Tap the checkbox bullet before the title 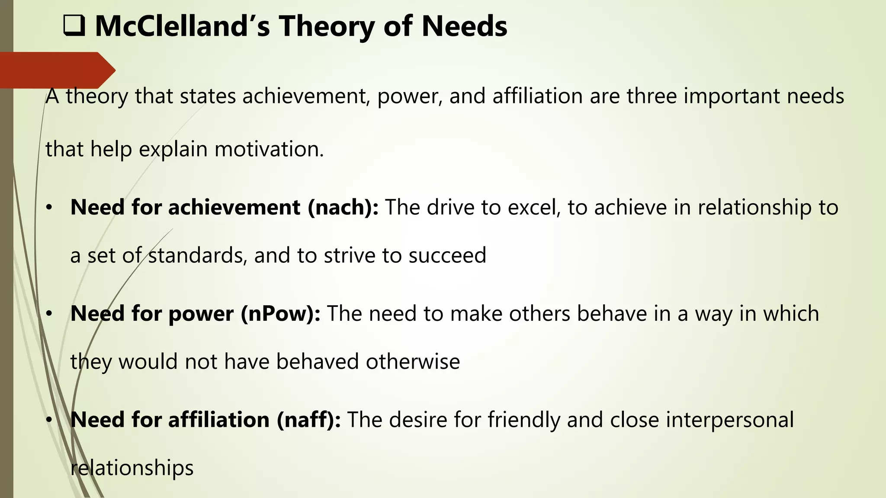(74, 26)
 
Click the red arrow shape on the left (56, 70)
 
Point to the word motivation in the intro (269, 149)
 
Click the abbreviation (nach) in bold (343, 207)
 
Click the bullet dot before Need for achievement (49, 208)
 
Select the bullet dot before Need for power (49, 314)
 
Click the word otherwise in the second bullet (413, 361)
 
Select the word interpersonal (730, 420)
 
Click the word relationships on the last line (132, 468)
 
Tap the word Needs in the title (464, 26)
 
